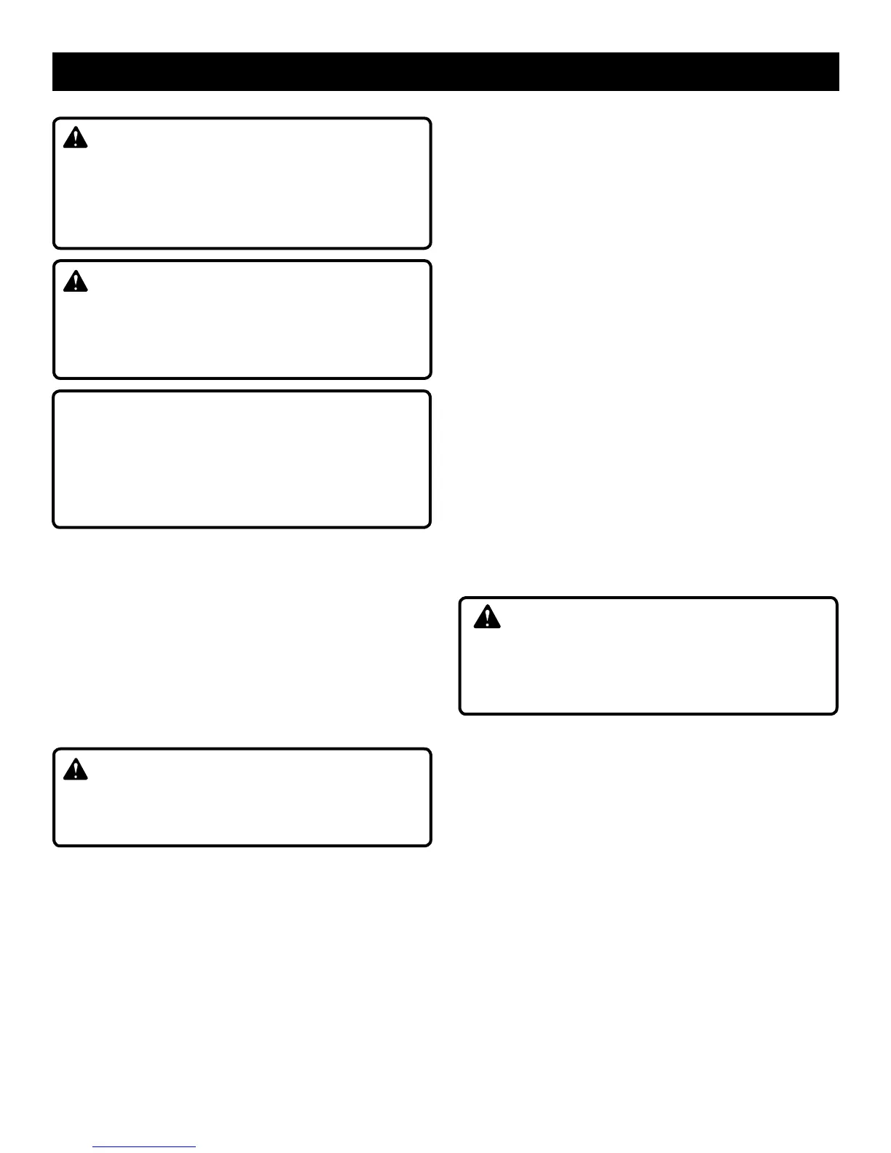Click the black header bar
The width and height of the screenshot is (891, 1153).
tap(445, 71)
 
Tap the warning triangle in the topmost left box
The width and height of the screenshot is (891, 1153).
tap(75, 138)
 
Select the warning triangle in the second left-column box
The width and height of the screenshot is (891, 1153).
tap(75, 281)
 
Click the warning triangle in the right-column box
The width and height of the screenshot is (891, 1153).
tap(487, 617)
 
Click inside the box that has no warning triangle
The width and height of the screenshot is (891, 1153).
tap(242, 459)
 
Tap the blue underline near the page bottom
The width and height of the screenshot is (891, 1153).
tap(144, 1147)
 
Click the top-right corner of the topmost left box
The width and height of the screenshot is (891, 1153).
tap(430, 119)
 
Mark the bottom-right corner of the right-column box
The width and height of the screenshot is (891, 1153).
tap(836, 713)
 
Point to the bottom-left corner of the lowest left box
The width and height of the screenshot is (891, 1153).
tap(55, 844)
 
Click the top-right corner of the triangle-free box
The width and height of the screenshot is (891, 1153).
tap(430, 392)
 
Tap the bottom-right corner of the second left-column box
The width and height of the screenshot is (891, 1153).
tap(430, 377)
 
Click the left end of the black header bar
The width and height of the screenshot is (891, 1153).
tap(54, 71)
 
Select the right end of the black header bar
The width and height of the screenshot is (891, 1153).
tap(838, 71)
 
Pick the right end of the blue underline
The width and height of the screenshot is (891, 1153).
tap(195, 1147)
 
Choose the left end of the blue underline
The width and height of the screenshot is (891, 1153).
tap(94, 1147)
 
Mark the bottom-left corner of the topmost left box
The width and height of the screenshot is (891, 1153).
tap(55, 247)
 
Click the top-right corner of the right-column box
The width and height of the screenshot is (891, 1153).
tap(836, 599)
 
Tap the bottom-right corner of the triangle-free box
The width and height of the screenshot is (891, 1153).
tap(430, 526)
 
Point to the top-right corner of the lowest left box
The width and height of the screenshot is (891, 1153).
tap(430, 750)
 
